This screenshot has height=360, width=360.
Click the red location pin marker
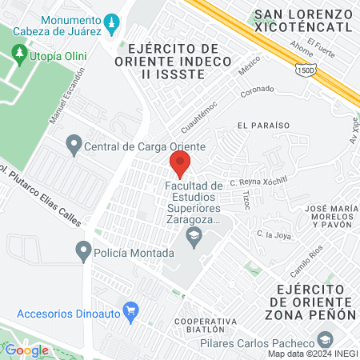[x=179, y=164]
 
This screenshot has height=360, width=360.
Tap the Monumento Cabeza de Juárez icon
[x=113, y=18]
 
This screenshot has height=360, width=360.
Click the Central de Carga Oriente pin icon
[x=74, y=146]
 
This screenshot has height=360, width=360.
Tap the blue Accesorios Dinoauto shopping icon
[x=130, y=310]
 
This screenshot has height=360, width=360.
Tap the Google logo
[x=26, y=350]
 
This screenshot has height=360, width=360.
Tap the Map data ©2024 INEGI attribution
[x=310, y=353]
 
